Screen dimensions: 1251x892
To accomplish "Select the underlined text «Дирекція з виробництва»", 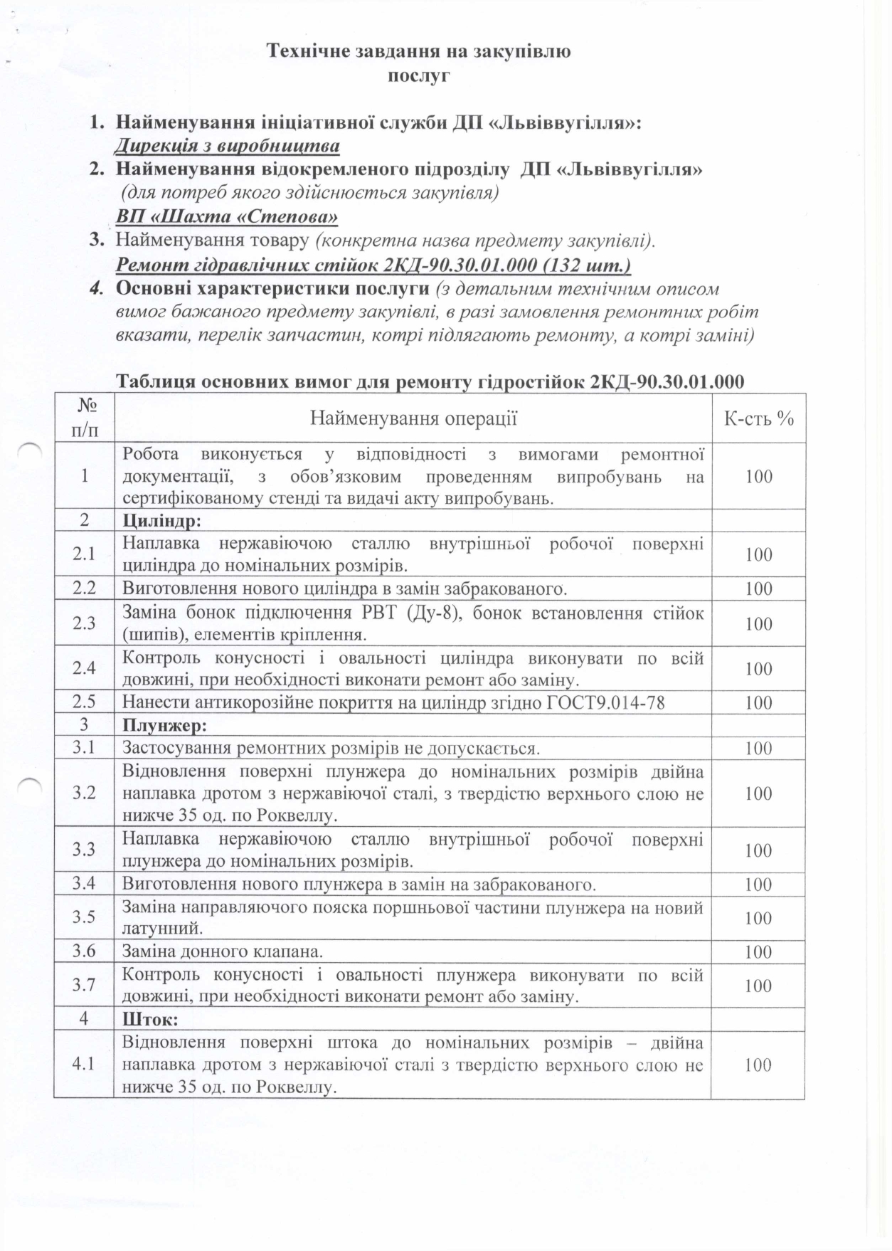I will point(228,146).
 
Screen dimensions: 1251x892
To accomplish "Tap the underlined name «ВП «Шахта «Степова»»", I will point(227,216).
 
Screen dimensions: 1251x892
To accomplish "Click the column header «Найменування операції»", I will point(413,418).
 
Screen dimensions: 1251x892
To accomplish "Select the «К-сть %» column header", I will point(758,418).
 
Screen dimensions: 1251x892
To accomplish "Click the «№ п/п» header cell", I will point(85,418).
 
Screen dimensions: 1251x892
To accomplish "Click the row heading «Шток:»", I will point(150,1020).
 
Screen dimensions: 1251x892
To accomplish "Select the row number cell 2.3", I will point(84,623).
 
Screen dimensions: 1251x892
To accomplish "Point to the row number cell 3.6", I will point(84,951).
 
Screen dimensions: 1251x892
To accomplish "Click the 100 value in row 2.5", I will point(758,703).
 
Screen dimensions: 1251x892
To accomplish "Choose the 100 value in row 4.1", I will point(758,1065).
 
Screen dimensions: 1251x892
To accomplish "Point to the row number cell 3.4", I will point(84,885).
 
